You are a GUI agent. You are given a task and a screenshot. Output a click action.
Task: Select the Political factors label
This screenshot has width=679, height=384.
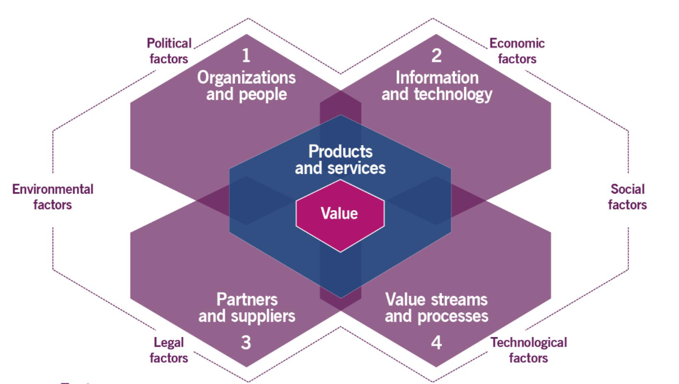pyautogui.click(x=169, y=51)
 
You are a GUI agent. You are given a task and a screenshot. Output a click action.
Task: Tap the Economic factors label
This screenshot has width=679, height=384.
pyautogui.click(x=517, y=51)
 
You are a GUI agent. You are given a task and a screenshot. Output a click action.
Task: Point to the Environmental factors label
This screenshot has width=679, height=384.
pyautogui.click(x=53, y=197)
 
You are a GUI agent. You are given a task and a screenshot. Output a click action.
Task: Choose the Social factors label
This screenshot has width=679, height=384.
pyautogui.click(x=627, y=197)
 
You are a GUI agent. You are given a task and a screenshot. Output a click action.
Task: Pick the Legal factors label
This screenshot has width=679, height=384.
pyautogui.click(x=169, y=350)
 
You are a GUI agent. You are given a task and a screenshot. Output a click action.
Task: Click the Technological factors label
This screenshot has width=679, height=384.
pyautogui.click(x=528, y=350)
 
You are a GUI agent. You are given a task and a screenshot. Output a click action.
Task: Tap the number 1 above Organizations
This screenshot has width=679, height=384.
pyautogui.click(x=246, y=55)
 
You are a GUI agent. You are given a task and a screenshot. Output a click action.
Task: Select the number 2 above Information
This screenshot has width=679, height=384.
pyautogui.click(x=436, y=55)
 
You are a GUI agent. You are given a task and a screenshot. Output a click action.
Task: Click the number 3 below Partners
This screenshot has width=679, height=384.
pyautogui.click(x=246, y=343)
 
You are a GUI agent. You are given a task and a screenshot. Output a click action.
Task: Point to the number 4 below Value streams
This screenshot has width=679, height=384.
pyautogui.click(x=436, y=343)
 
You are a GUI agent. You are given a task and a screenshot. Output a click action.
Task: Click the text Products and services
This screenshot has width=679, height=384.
pyautogui.click(x=340, y=160)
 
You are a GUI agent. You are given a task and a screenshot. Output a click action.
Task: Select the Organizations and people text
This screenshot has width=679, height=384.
pyautogui.click(x=246, y=85)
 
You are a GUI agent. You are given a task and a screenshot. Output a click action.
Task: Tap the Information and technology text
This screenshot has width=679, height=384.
pyautogui.click(x=437, y=85)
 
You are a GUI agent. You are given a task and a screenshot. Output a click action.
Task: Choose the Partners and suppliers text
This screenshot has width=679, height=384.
pyautogui.click(x=247, y=307)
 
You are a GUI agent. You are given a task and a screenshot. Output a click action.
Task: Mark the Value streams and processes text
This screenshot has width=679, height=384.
pyautogui.click(x=436, y=307)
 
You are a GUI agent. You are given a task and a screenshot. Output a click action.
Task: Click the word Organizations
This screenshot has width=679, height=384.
pyautogui.click(x=246, y=77)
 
